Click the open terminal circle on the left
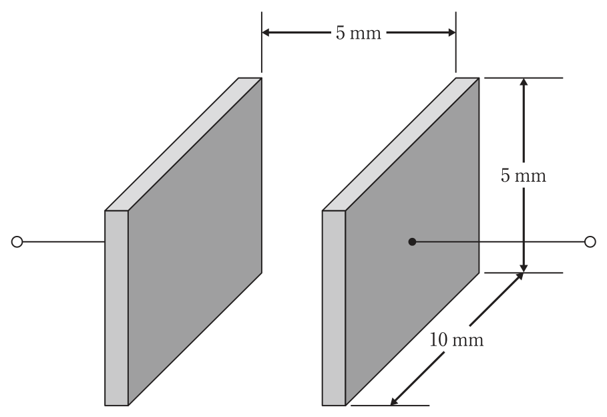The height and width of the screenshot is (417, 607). coord(17,242)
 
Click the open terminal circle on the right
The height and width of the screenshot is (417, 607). coord(590,242)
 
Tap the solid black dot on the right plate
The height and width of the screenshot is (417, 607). coord(412,242)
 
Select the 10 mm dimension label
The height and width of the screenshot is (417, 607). coord(456,340)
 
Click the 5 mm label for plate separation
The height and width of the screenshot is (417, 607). coord(359,33)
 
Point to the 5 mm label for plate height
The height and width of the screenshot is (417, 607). coord(524,176)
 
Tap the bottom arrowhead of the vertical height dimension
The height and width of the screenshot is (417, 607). coord(524,268)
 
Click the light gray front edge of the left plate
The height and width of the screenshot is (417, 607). coord(116,308)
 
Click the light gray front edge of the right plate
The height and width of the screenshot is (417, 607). coord(334,308)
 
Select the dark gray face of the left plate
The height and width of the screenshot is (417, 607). coord(195,242)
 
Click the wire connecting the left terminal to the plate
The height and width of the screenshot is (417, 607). coord(63,242)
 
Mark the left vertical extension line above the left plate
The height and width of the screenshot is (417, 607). coord(262,42)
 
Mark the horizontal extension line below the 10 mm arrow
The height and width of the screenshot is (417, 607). coord(390,406)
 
